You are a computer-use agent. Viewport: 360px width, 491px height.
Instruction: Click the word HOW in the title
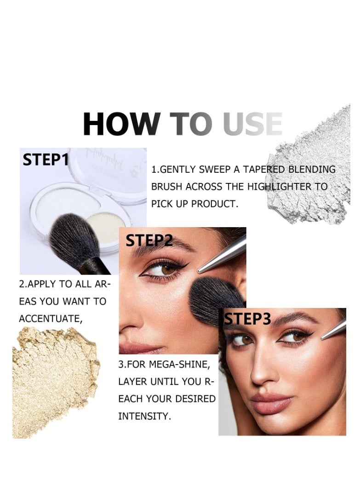coord(120,124)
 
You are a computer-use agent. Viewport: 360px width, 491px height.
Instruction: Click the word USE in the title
coord(252,124)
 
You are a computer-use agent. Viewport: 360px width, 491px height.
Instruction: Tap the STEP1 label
coord(46,160)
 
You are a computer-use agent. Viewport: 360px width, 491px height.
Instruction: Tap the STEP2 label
coord(149,240)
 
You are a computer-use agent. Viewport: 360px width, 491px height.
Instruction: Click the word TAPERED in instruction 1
coord(261,169)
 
